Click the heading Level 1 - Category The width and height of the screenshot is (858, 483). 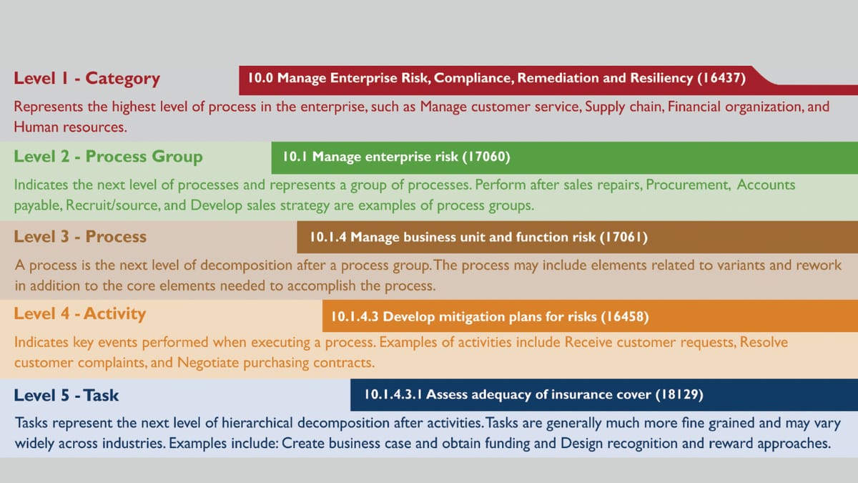87,79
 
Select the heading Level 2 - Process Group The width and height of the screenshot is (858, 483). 108,157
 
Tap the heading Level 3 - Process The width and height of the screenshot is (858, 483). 80,237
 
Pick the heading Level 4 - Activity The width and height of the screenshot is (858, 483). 79,313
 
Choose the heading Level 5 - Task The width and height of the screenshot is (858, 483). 66,395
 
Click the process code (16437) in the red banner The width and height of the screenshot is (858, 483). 721,79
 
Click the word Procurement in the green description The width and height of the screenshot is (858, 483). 688,185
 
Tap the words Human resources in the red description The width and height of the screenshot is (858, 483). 70,127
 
